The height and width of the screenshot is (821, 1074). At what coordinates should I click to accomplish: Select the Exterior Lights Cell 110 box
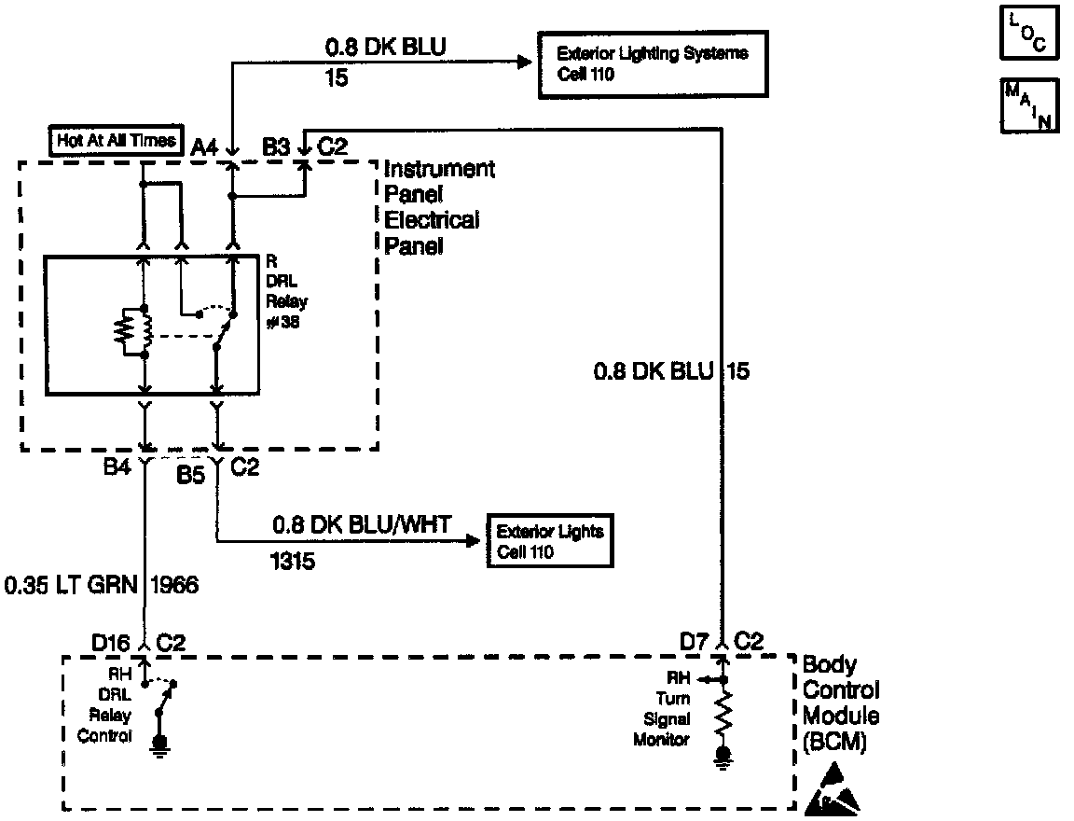coord(548,540)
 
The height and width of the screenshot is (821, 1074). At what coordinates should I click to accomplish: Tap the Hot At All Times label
coord(117,141)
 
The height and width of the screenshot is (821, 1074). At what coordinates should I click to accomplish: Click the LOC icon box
coord(1022,33)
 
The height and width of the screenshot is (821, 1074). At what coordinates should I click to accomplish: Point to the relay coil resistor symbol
coord(124,331)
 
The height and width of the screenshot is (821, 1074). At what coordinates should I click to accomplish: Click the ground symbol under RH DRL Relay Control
coord(159,744)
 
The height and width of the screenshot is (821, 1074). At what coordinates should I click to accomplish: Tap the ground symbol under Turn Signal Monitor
coord(722,756)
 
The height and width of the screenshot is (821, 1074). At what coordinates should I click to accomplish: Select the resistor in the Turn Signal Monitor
coord(722,714)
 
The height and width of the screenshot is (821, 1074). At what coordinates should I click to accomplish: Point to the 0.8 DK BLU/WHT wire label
coord(361,525)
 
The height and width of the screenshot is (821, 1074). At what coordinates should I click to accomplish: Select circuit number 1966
coord(173,586)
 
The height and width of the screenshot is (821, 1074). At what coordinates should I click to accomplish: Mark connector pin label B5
coord(191,475)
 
